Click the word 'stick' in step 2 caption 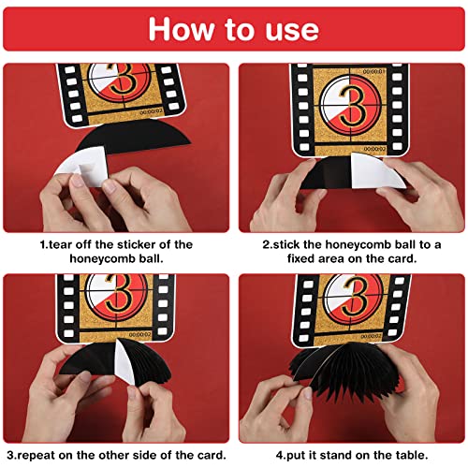pyautogui.click(x=295, y=244)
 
